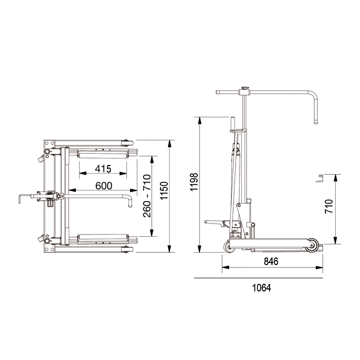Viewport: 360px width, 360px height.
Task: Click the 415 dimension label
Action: tap(103, 169)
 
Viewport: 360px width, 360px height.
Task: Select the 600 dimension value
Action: tap(104, 186)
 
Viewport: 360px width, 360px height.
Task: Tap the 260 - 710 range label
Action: tap(147, 196)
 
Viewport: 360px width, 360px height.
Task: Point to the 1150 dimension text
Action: tap(164, 191)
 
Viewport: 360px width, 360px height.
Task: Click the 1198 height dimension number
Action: tap(194, 182)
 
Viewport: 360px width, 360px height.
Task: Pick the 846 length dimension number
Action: tap(271, 261)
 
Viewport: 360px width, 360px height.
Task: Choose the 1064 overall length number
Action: tap(261, 288)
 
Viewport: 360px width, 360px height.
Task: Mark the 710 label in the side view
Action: tap(329, 206)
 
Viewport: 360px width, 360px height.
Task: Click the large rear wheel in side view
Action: tap(312, 245)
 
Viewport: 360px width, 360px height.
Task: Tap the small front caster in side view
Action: tap(230, 247)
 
